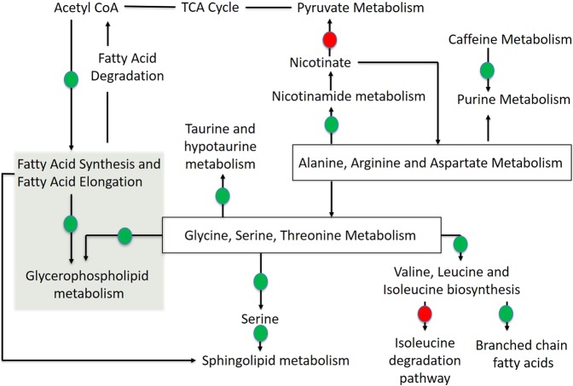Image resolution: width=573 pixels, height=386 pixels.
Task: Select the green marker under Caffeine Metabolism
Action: click(x=487, y=71)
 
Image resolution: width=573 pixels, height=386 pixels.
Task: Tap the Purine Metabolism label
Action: click(x=487, y=97)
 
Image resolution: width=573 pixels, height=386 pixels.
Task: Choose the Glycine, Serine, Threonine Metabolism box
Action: click(x=302, y=233)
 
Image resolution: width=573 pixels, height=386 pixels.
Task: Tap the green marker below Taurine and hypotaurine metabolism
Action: click(x=223, y=197)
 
